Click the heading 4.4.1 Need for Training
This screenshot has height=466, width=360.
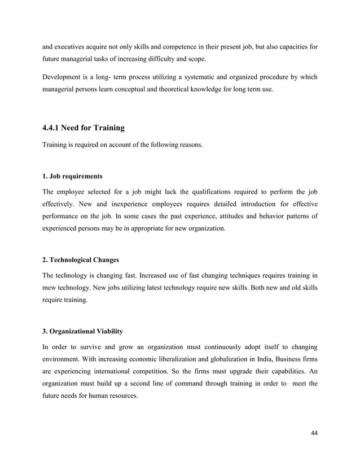[x=84, y=128]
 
